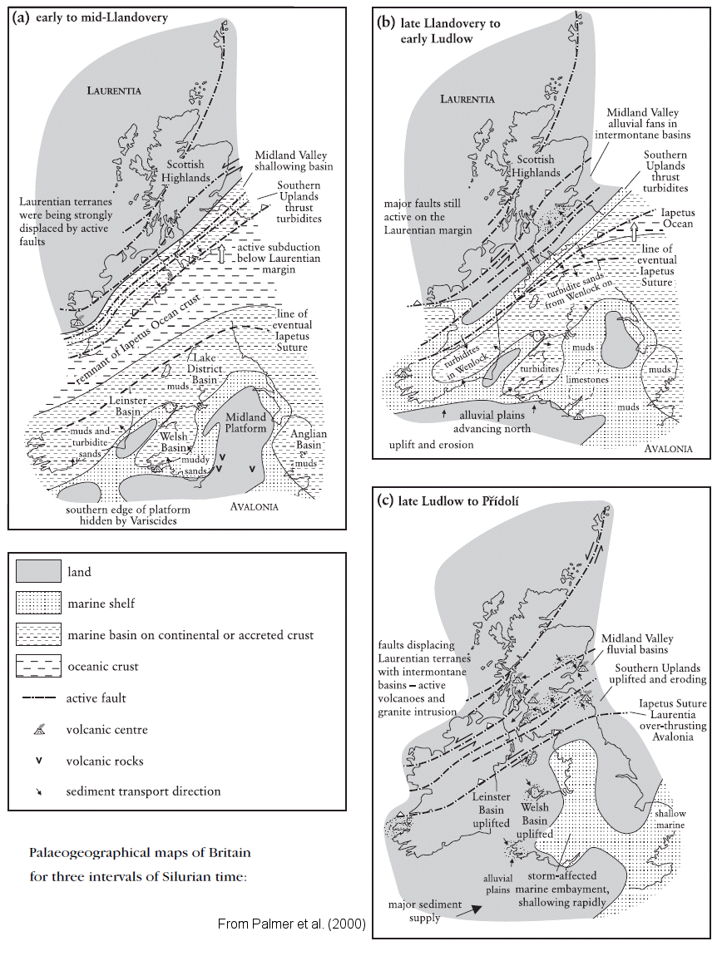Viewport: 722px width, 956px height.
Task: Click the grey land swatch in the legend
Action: (38, 571)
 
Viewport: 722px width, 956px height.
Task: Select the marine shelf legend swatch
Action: (38, 604)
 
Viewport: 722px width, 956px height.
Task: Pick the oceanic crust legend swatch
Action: (38, 667)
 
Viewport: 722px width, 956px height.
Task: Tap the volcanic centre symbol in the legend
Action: (38, 729)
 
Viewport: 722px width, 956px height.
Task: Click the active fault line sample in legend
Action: (38, 698)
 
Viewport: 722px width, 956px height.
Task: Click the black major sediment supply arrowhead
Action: (476, 910)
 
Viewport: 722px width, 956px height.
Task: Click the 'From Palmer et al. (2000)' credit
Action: (291, 924)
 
